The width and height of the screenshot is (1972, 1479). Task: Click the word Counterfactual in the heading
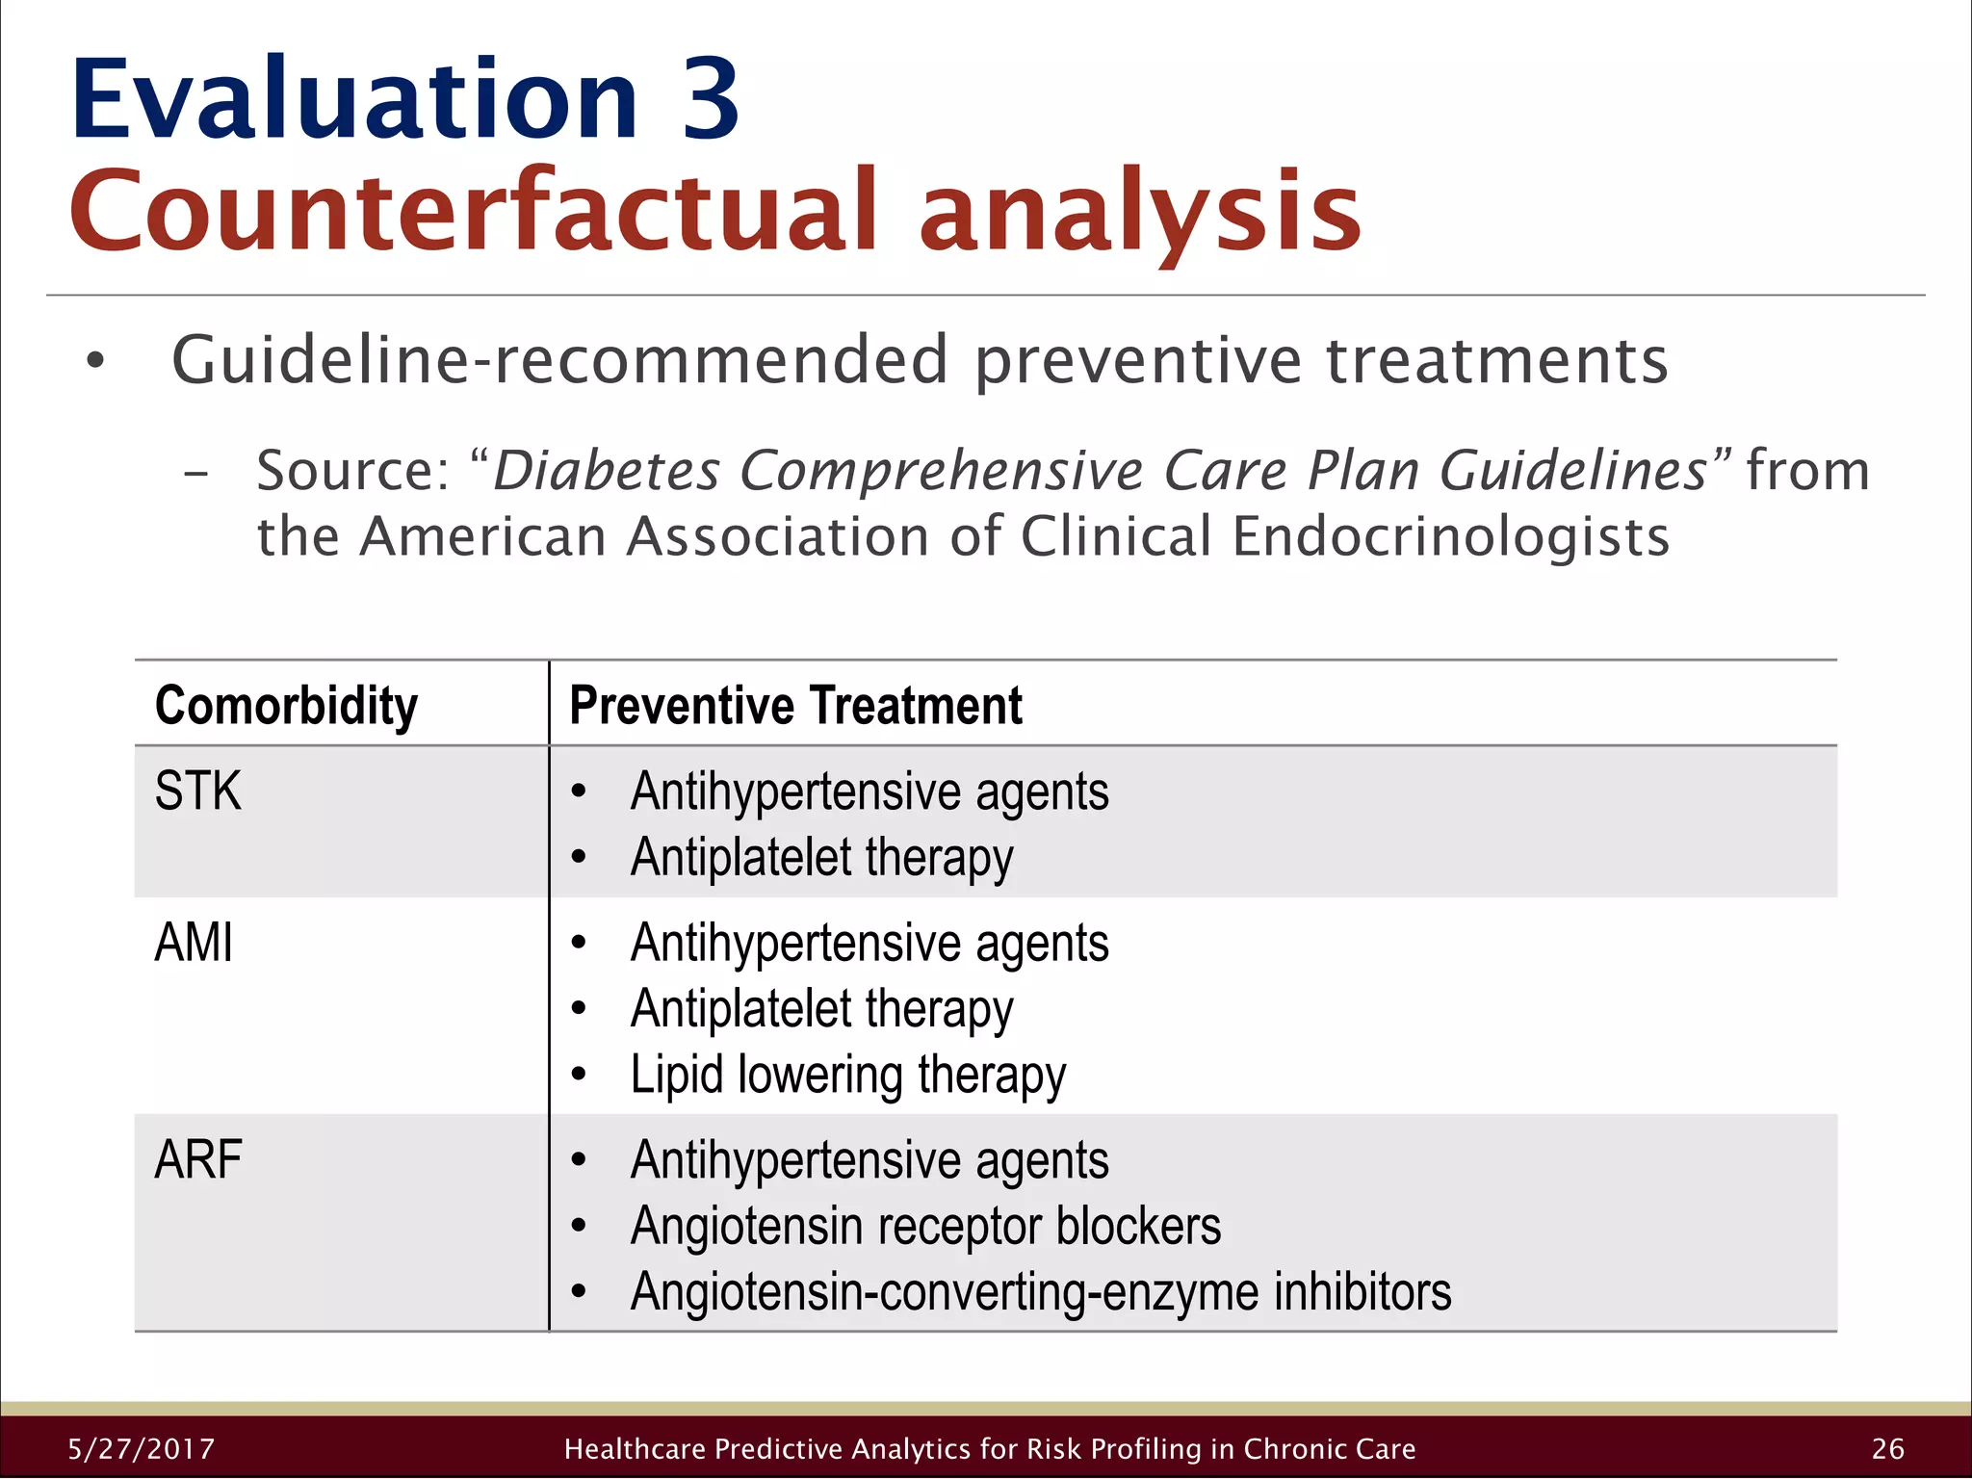pos(472,211)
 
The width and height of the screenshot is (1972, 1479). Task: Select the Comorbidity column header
pos(286,706)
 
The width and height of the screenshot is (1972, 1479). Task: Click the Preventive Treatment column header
pos(795,706)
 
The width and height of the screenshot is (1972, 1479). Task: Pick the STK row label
pos(197,791)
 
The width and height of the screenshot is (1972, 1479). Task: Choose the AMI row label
pos(194,943)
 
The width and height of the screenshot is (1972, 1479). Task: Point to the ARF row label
pos(197,1159)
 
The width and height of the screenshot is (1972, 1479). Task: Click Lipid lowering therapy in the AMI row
pos(848,1075)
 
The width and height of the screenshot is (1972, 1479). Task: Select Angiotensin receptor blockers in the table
pos(925,1226)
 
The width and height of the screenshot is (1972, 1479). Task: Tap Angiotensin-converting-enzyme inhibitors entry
pos(1041,1292)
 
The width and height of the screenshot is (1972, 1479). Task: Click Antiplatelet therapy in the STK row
pos(821,858)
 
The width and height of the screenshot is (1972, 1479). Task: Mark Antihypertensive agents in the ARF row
pos(869,1160)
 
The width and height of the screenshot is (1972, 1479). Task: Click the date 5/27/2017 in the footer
pos(142,1449)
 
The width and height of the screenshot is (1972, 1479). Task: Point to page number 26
pos(1888,1449)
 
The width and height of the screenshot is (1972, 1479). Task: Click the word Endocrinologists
pos(1450,536)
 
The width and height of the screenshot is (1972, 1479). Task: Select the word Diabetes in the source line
pos(607,471)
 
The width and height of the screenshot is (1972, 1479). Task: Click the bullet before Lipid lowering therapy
pos(578,1075)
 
